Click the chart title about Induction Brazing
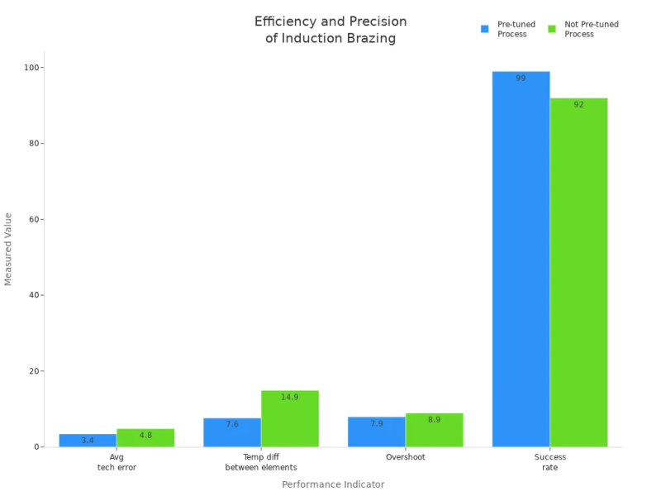[330, 29]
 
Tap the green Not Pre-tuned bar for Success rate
[578, 272]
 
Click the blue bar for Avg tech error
[88, 440]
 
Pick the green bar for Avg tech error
[145, 437]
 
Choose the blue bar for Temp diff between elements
[232, 432]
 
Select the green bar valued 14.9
[290, 418]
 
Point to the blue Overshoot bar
[377, 432]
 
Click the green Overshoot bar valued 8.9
[435, 430]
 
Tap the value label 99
[521, 79]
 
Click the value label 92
[578, 105]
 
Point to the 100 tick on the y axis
[33, 68]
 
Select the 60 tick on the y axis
[36, 219]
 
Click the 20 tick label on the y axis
[36, 371]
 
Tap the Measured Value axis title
[9, 249]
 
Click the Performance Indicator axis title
[333, 484]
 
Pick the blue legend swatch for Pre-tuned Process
[485, 29]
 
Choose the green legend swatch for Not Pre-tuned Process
[552, 29]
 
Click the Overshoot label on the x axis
[406, 457]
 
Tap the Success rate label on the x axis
[549, 462]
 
